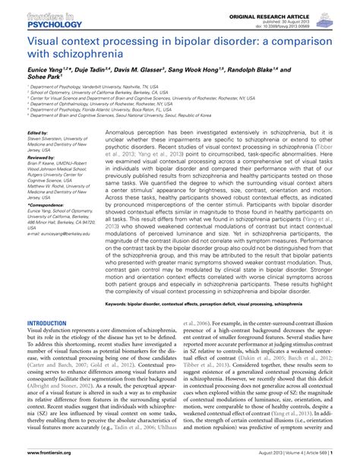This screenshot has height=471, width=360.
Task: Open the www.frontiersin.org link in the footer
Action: tap(46, 462)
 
